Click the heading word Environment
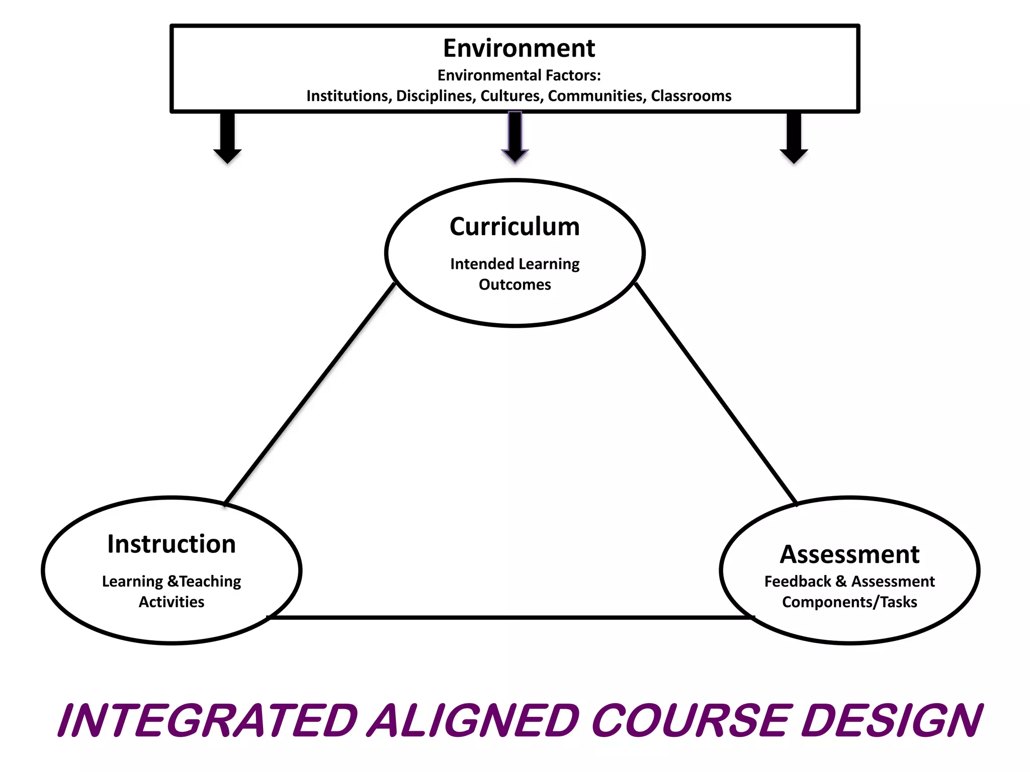[519, 48]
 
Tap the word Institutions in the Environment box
[349, 96]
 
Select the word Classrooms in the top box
[691, 96]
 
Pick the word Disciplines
[436, 96]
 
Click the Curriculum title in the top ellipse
[514, 227]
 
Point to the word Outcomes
[514, 285]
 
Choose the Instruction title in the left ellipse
[171, 544]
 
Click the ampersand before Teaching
[173, 582]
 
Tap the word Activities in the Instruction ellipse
[171, 602]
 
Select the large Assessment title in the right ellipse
[849, 555]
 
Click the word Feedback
[797, 582]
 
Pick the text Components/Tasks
[849, 602]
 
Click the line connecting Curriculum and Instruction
[310, 394]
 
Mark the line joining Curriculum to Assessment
[716, 393]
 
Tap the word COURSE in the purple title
[690, 721]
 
